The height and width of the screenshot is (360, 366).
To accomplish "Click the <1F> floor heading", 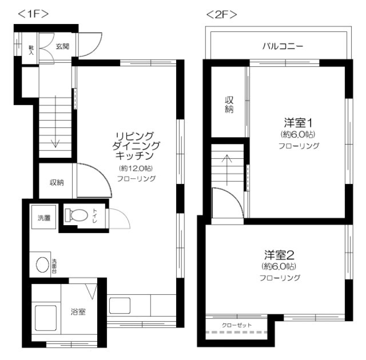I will (33, 14).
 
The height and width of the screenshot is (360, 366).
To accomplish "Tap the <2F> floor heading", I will (221, 14).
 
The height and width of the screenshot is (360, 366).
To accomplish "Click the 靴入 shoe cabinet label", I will (31, 50).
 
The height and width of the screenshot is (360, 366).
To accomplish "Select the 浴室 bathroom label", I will (78, 312).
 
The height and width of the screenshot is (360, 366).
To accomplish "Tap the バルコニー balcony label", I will (283, 47).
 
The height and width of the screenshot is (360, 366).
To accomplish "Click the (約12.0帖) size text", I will (135, 168).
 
